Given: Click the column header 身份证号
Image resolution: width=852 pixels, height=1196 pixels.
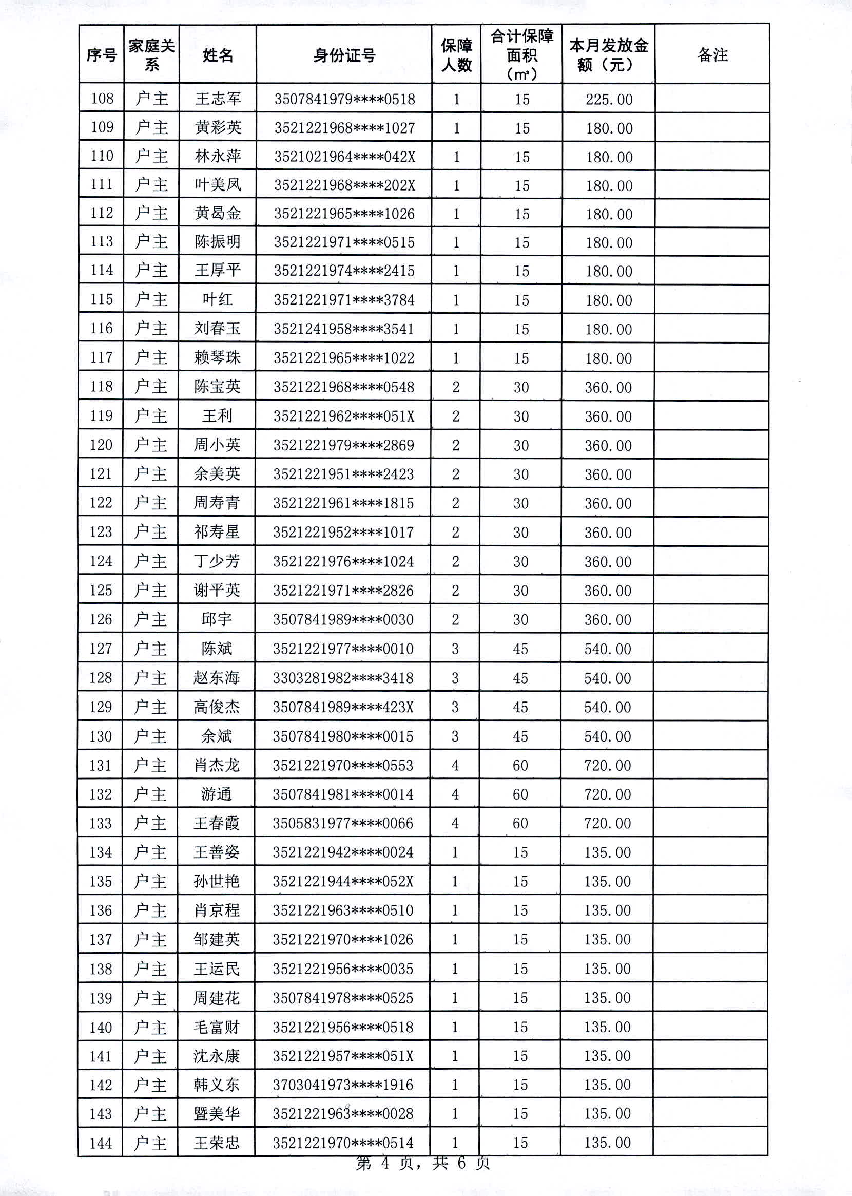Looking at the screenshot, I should pos(344,55).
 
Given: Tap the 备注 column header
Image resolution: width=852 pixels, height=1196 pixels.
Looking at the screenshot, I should pos(712,55).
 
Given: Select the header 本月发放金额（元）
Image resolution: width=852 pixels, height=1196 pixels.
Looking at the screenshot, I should pos(609,55).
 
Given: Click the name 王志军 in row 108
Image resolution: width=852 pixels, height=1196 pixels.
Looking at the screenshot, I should pos(218,99).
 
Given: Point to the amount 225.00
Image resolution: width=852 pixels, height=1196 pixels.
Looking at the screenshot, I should pos(609,99).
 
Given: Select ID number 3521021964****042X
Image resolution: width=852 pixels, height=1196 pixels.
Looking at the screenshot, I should pos(344,157).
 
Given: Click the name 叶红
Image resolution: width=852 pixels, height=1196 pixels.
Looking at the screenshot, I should pos(217,300).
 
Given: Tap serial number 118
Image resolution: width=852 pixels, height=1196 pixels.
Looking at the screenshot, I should pos(101,387).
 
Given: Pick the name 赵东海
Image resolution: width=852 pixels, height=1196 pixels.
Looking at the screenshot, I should pos(216,677).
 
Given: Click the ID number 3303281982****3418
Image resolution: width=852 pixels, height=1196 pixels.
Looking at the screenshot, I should pos(343,678).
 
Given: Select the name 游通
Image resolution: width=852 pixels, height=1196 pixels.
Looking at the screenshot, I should pos(216,794).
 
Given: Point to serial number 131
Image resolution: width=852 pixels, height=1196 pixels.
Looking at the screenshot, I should pos(101,765).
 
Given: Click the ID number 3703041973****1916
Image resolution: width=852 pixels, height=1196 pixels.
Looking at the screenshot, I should pos(343,1084).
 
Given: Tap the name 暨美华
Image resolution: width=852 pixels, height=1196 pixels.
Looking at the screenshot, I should pos(216,1113).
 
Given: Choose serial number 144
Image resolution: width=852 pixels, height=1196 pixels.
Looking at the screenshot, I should pos(101,1143).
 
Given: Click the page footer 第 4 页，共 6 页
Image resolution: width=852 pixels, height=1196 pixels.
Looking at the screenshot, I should pos(423,1164).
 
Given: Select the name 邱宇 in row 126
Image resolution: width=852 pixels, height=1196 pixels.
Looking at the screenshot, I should pos(217,619).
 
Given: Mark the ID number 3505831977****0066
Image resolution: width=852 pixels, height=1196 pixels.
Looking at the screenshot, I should pos(343,823).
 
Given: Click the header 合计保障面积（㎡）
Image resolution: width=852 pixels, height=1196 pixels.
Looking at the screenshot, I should pos(521,55).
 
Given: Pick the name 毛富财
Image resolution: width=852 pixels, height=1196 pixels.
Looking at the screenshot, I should pos(216,1027).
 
